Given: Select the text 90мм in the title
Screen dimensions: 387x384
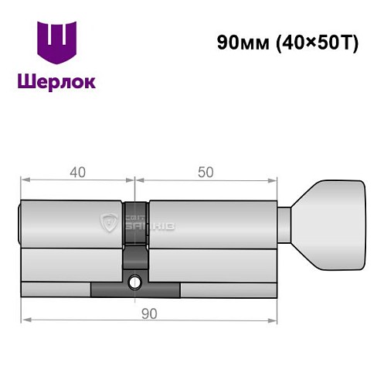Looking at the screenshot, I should (241, 43).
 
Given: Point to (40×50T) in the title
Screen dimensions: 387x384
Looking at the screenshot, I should (314, 43).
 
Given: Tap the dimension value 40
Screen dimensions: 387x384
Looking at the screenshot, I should (76, 173).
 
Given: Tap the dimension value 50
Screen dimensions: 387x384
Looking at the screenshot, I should (206, 173).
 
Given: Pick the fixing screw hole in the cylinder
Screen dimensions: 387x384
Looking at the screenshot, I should (135, 283).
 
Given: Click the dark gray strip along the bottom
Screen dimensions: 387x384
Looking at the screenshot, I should (135, 290).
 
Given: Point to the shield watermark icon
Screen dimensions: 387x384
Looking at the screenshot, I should (108, 224).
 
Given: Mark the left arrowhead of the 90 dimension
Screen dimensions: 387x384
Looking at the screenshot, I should (24, 320).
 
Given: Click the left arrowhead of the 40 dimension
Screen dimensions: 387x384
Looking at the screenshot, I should (24, 180).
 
